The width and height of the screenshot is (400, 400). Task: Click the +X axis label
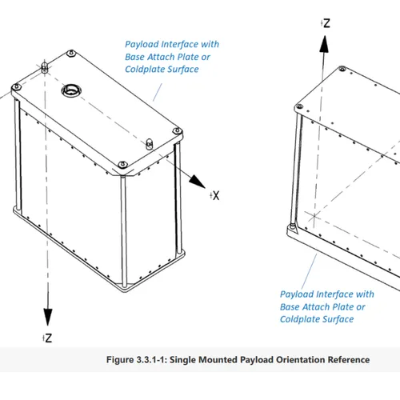click(215, 195)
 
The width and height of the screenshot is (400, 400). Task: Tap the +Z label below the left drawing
click(47, 338)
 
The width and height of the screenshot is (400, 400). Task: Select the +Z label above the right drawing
click(326, 24)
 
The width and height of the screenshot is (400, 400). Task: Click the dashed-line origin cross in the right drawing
click(314, 216)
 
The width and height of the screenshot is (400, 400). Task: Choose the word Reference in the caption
click(349, 359)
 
